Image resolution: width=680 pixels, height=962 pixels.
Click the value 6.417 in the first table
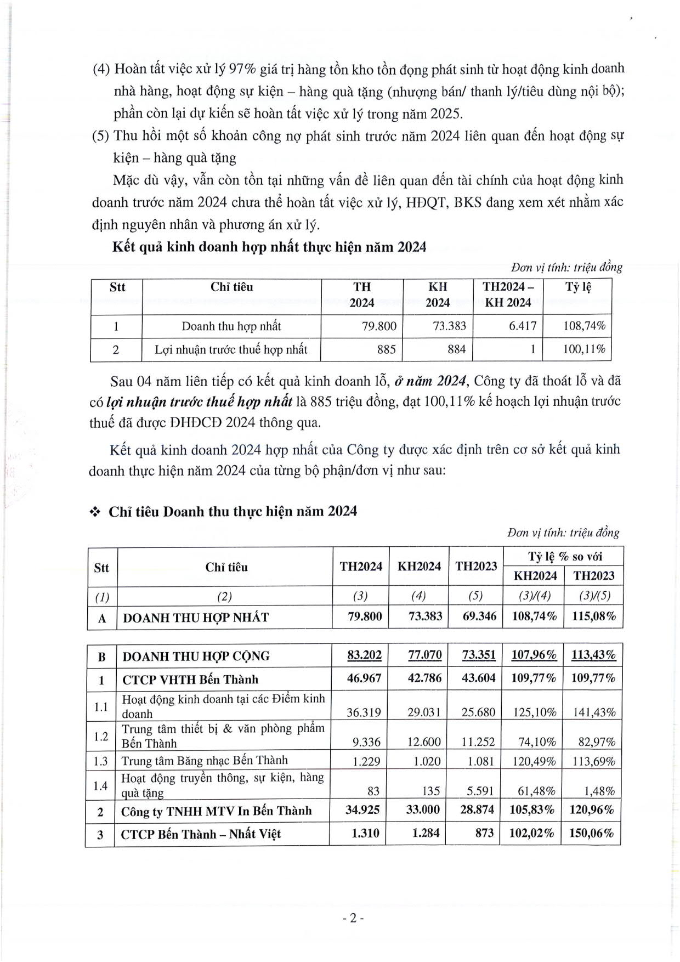pyautogui.click(x=522, y=326)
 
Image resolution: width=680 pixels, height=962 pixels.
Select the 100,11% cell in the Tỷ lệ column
pyautogui.click(x=584, y=349)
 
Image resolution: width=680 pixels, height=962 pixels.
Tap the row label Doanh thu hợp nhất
pyautogui.click(x=231, y=326)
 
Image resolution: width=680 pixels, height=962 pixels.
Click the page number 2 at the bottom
pyautogui.click(x=353, y=918)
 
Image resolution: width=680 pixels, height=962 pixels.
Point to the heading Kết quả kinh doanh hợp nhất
pyautogui.click(x=269, y=247)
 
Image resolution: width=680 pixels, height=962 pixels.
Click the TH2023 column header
pyautogui.click(x=475, y=567)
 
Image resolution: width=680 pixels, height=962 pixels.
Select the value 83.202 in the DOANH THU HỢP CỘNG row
pyautogui.click(x=364, y=655)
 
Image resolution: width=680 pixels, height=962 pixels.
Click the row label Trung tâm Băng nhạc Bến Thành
pyautogui.click(x=205, y=761)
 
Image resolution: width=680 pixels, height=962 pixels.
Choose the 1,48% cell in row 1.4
pyautogui.click(x=599, y=791)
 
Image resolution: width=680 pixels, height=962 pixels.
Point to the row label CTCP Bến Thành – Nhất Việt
pyautogui.click(x=201, y=834)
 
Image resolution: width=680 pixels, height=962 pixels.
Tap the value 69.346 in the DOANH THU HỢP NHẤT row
pyautogui.click(x=479, y=616)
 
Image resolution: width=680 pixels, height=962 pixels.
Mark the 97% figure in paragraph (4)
pyautogui.click(x=242, y=69)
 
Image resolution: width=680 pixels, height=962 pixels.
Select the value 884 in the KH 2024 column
pyautogui.click(x=456, y=349)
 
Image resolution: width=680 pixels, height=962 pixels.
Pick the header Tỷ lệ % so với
pyautogui.click(x=565, y=557)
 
